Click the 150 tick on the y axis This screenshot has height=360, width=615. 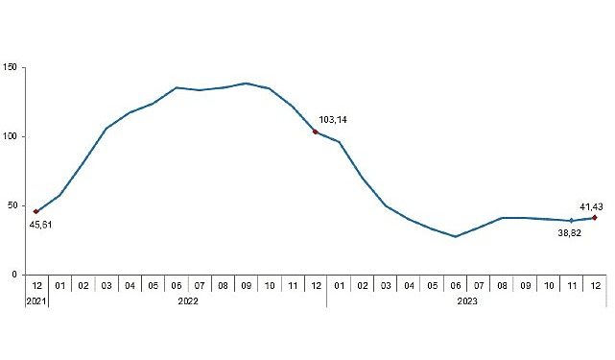pyautogui.click(x=12, y=67)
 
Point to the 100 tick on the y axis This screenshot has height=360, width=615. pyautogui.click(x=12, y=136)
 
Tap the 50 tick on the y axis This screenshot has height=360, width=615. pyautogui.click(x=13, y=205)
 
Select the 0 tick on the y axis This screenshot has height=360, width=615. pyautogui.click(x=15, y=275)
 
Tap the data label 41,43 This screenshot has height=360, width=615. pyautogui.click(x=591, y=205)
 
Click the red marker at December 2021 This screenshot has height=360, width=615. pyautogui.click(x=35, y=211)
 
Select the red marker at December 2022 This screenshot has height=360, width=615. pyautogui.click(x=316, y=132)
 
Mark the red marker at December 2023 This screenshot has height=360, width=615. pyautogui.click(x=595, y=217)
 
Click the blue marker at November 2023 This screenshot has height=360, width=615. pyautogui.click(x=572, y=221)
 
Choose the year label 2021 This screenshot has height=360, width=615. pyautogui.click(x=35, y=300)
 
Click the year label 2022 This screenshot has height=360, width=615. pyautogui.click(x=187, y=300)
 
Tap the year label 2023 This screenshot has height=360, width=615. pyautogui.click(x=466, y=300)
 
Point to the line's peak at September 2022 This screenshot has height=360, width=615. pyautogui.click(x=246, y=84)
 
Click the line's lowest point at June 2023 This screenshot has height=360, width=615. pyautogui.click(x=456, y=236)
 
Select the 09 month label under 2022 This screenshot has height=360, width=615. pyautogui.click(x=246, y=286)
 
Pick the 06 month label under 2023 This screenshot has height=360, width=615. pyautogui.click(x=456, y=286)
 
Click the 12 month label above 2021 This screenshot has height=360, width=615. pyautogui.click(x=35, y=286)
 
